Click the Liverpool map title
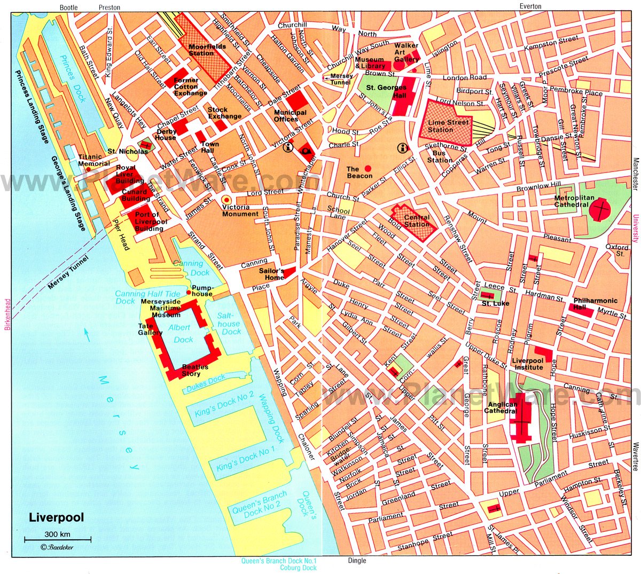pyautogui.click(x=56, y=517)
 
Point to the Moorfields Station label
pyautogui.click(x=208, y=50)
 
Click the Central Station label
pyautogui.click(x=417, y=221)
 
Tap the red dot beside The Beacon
pyautogui.click(x=368, y=168)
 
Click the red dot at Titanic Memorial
pyautogui.click(x=88, y=169)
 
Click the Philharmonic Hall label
pyautogui.click(x=595, y=304)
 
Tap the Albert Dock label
pyautogui.click(x=183, y=333)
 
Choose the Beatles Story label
pyautogui.click(x=191, y=370)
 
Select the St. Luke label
pyautogui.click(x=495, y=303)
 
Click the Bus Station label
pyautogui.click(x=440, y=156)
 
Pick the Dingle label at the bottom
pyautogui.click(x=357, y=561)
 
